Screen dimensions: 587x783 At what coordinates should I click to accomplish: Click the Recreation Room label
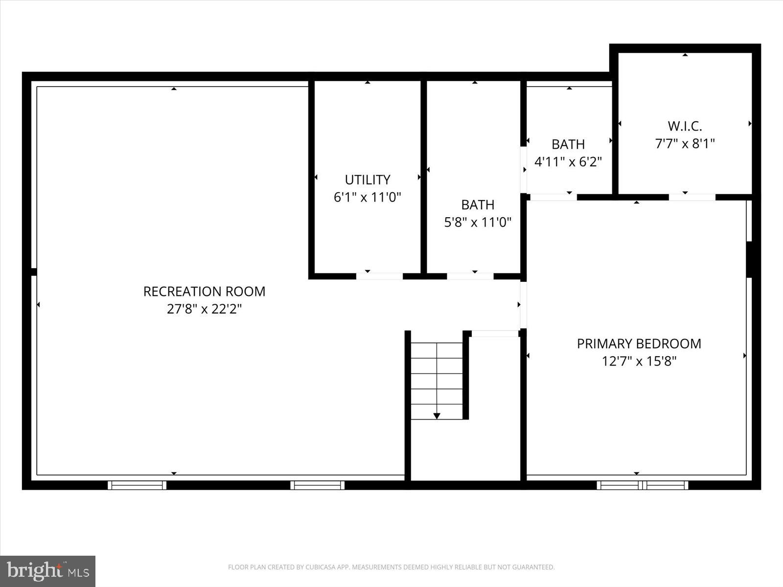(x=204, y=292)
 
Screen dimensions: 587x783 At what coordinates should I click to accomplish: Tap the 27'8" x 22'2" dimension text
(x=204, y=309)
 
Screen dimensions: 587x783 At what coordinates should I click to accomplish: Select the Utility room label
(x=368, y=180)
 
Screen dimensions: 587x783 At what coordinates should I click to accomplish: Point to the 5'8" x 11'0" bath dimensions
(x=477, y=223)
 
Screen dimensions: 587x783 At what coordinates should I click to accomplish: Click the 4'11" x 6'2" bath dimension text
(x=568, y=162)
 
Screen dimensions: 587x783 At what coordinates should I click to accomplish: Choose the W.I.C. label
(x=685, y=126)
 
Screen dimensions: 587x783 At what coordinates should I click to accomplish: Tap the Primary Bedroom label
(x=639, y=344)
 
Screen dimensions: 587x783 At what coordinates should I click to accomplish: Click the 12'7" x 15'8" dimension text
(x=639, y=361)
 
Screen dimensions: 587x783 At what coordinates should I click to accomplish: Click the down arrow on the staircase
(x=437, y=416)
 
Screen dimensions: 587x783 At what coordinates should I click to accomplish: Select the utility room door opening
(x=379, y=276)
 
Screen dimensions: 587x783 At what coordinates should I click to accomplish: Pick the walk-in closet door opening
(x=692, y=197)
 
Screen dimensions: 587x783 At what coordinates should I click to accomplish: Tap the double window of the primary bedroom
(x=642, y=485)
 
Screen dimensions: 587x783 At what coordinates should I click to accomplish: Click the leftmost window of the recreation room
(x=137, y=485)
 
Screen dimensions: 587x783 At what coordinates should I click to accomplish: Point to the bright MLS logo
(x=47, y=571)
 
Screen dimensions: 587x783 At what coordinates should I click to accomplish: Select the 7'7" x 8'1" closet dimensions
(x=685, y=144)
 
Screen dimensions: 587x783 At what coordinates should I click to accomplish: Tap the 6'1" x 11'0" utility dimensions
(x=368, y=198)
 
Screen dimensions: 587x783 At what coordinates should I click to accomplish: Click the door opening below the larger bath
(x=470, y=276)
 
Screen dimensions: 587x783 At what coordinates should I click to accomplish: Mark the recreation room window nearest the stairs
(x=317, y=485)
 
